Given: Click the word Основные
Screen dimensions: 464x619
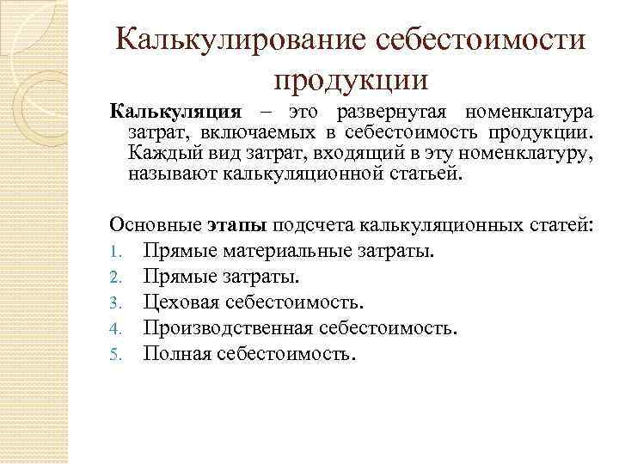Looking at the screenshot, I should coord(156,226).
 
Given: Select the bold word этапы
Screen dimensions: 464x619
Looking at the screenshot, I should coord(238,226).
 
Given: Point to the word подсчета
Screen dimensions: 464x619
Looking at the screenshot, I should coord(316,226).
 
